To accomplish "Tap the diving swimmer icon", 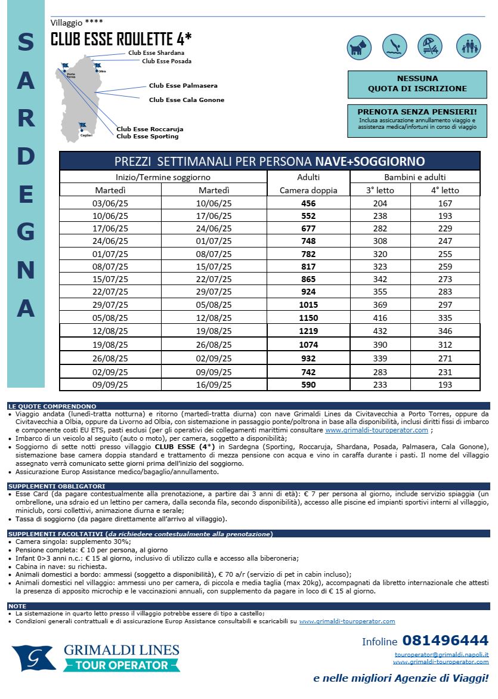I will [x=395, y=47].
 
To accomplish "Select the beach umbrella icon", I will [x=431, y=47].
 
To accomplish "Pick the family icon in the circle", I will [x=468, y=47].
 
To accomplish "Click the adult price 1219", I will [x=308, y=331].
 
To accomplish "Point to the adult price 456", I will [x=308, y=203].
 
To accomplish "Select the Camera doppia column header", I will [x=308, y=190].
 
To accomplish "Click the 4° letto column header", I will [x=445, y=190].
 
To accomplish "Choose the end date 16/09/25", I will [x=214, y=385].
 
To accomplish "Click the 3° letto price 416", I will [x=380, y=318].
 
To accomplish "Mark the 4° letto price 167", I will [x=445, y=203].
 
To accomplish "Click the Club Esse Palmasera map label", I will [x=183, y=86].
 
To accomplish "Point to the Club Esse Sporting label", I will [x=147, y=137].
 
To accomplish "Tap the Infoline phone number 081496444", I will [x=445, y=641].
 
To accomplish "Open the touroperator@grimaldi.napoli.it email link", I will [x=441, y=654].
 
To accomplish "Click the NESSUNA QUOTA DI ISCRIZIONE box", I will [x=417, y=83].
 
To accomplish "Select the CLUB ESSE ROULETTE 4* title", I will [x=121, y=39].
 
